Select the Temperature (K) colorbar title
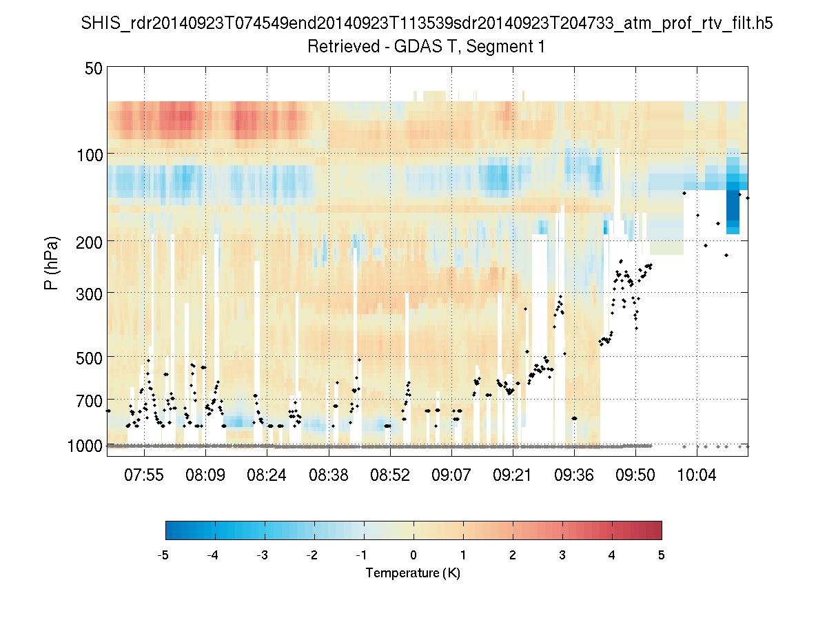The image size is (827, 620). click(413, 573)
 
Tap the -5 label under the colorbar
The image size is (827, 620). click(163, 555)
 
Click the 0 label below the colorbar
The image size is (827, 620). click(413, 555)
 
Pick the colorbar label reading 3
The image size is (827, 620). click(562, 555)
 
